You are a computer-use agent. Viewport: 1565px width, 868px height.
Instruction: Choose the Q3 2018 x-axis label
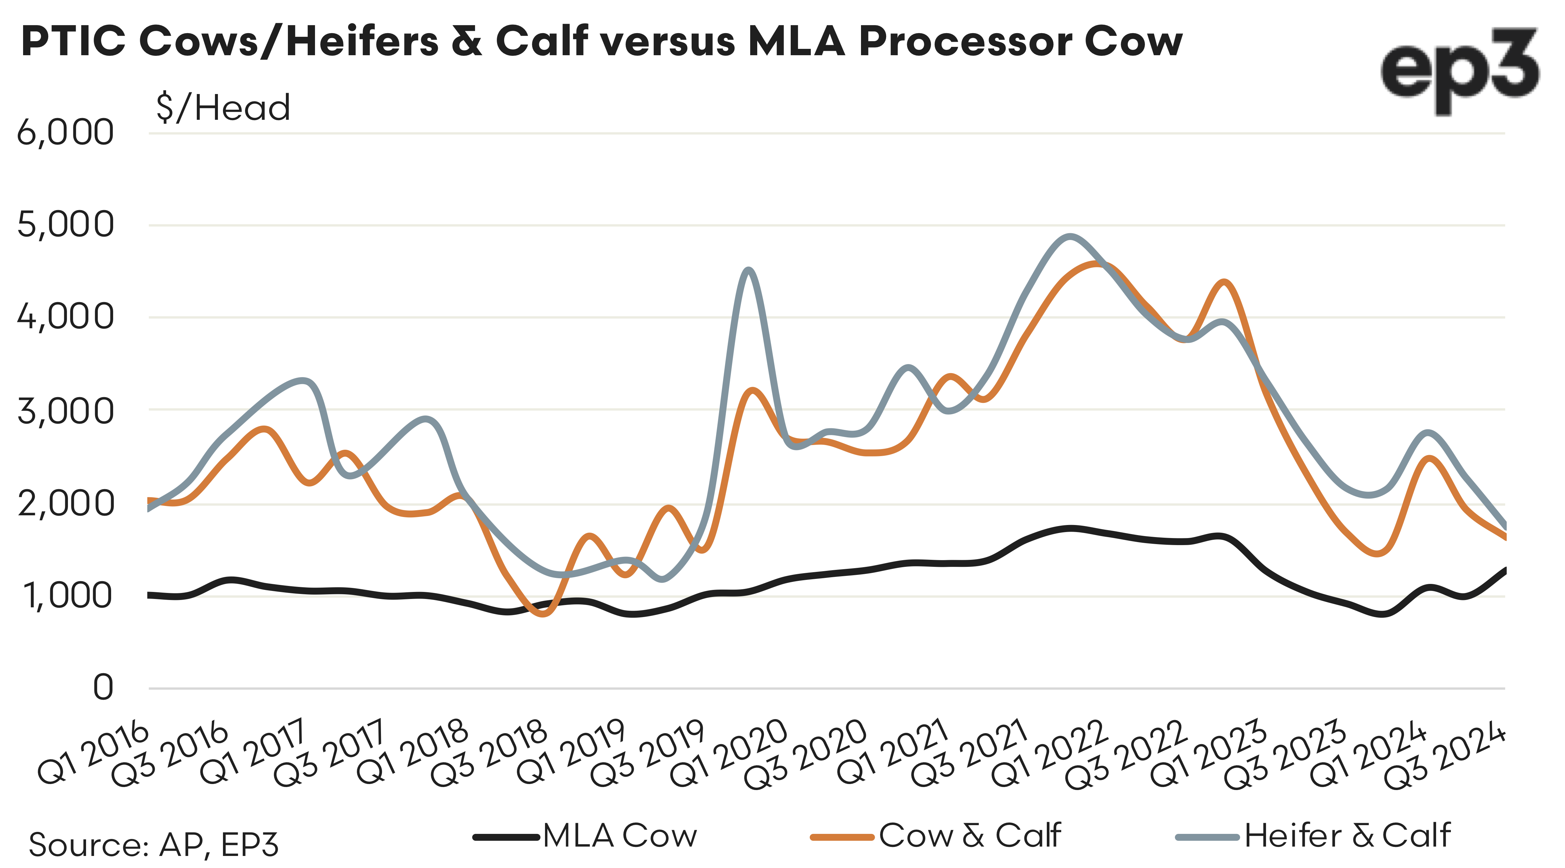click(490, 753)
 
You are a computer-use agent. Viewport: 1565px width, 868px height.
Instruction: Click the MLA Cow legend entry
click(585, 837)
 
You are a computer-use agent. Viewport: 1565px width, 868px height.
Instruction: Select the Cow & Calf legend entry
click(936, 837)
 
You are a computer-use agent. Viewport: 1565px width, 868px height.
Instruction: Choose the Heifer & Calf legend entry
click(1312, 837)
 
